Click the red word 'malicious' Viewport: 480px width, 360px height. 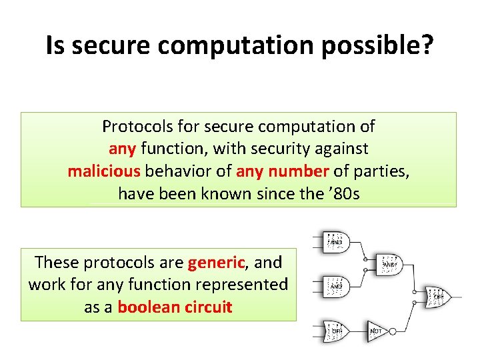104,171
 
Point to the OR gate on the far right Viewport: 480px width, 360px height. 437,296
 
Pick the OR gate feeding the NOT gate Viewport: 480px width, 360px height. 337,331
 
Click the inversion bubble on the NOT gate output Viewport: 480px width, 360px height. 394,331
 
